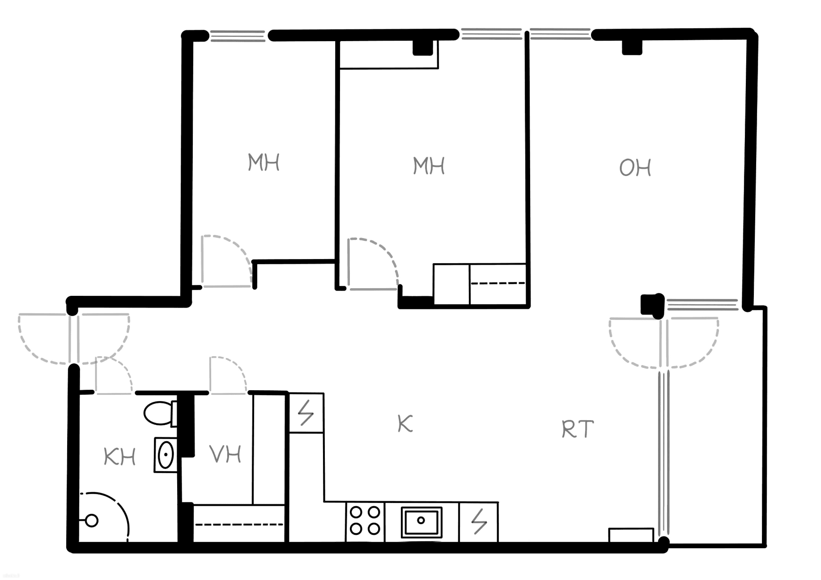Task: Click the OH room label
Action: coord(635,168)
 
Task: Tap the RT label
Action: coord(578,429)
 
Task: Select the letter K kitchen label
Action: coord(405,423)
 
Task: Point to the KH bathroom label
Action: coord(119,457)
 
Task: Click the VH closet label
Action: coord(225,454)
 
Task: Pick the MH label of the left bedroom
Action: coord(264,162)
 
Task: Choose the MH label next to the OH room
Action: coord(429,166)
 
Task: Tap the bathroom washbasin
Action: coord(165,455)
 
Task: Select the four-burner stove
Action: coord(365,522)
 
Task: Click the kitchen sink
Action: coord(421,522)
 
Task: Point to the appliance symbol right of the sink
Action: coord(478,522)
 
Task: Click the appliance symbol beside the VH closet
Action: coord(306,413)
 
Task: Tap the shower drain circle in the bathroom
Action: coord(92,520)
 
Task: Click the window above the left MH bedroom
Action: coord(238,36)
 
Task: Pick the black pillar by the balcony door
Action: coord(652,305)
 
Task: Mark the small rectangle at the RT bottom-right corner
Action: coord(631,535)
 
